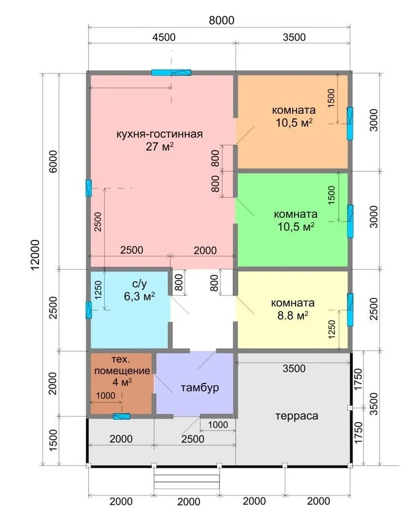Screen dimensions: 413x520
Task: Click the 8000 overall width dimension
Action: [x=221, y=20]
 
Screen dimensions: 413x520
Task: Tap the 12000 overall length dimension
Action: [x=36, y=255]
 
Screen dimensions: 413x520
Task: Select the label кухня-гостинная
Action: [x=159, y=134]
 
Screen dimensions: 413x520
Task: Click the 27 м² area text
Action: [x=160, y=146]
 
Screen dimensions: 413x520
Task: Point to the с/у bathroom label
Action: [x=139, y=284]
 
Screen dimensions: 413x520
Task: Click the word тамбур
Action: [x=200, y=388]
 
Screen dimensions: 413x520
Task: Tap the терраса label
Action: [x=296, y=416]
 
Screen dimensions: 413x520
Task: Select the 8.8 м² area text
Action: [x=292, y=315]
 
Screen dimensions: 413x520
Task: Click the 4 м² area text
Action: [x=122, y=382]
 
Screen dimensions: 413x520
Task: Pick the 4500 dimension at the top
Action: [x=164, y=37]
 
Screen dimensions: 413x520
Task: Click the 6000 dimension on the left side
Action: [x=53, y=162]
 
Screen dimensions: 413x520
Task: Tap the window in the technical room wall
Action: [x=121, y=416]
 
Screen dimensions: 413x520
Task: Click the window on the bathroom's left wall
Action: [x=89, y=310]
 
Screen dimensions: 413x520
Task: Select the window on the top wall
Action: [x=171, y=73]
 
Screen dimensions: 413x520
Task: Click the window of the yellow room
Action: [x=350, y=309]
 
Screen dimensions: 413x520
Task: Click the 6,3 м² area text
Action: [x=139, y=296]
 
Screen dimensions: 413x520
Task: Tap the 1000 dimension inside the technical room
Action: [x=106, y=396]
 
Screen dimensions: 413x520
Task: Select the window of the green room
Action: [x=350, y=221]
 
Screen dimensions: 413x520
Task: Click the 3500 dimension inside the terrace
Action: [x=294, y=369]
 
